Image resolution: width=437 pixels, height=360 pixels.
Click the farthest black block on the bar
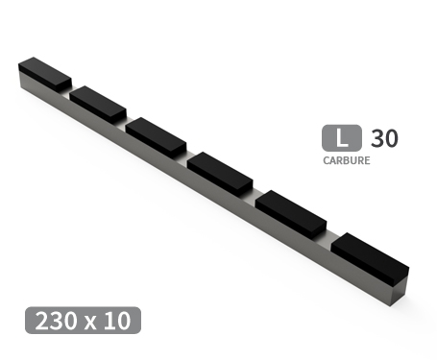point(44,73)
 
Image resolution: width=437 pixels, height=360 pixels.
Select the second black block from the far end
point(97,102)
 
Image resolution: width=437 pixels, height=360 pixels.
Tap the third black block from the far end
point(156,135)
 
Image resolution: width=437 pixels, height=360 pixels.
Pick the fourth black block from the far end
point(220,173)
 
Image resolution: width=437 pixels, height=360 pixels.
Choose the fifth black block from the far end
point(291,213)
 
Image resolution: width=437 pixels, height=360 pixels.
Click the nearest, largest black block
point(371,256)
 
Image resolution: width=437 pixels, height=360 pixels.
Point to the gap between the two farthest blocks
point(71,93)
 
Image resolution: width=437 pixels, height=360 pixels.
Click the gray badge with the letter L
point(341,138)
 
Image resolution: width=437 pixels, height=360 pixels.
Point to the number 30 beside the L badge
point(383,138)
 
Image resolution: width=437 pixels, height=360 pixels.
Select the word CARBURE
point(346,161)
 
